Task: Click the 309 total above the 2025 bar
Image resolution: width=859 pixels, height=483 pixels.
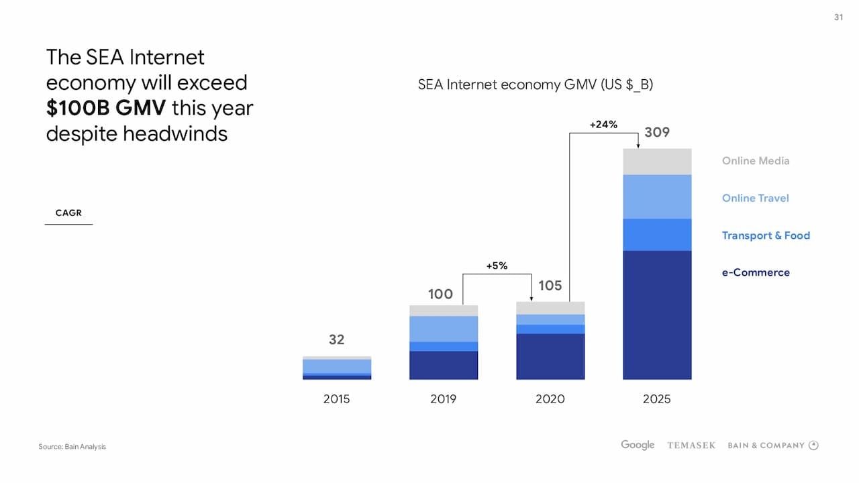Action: (657, 132)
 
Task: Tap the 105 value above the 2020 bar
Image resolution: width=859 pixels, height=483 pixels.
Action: (550, 286)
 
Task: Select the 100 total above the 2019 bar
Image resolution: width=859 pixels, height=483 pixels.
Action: (440, 294)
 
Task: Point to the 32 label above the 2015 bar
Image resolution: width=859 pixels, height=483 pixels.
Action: (336, 339)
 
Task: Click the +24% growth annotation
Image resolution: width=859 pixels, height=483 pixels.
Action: (603, 124)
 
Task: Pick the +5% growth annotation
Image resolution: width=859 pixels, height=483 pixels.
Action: (497, 266)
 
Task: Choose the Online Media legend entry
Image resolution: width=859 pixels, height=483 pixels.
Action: (756, 161)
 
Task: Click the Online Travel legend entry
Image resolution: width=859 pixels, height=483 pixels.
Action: (755, 198)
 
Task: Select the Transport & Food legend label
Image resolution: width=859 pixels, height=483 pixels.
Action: (766, 235)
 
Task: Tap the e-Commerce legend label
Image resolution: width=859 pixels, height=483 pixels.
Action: (756, 272)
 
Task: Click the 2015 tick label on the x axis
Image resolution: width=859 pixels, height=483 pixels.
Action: (336, 399)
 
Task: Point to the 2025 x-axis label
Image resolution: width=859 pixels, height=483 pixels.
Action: (656, 399)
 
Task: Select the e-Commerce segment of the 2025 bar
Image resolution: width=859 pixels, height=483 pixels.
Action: (657, 315)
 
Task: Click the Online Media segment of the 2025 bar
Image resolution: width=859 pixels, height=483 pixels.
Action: (657, 162)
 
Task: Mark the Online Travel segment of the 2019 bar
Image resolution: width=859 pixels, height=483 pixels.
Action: (444, 329)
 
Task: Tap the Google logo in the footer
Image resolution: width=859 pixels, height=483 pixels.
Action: (638, 445)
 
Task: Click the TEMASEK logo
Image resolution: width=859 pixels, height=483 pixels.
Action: (691, 445)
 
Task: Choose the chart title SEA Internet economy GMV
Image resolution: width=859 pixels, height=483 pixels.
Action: (536, 85)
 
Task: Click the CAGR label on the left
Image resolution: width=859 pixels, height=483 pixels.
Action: (68, 213)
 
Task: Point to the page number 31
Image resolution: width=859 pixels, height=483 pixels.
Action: (838, 17)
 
